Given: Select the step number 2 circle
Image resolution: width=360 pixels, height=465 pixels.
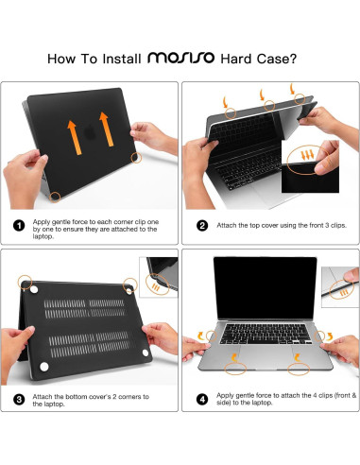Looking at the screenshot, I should tap(201, 226).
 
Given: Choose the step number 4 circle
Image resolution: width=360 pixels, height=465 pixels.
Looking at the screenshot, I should tap(201, 397).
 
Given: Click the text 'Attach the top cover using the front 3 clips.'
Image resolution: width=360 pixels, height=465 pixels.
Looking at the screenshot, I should tap(275, 226).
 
